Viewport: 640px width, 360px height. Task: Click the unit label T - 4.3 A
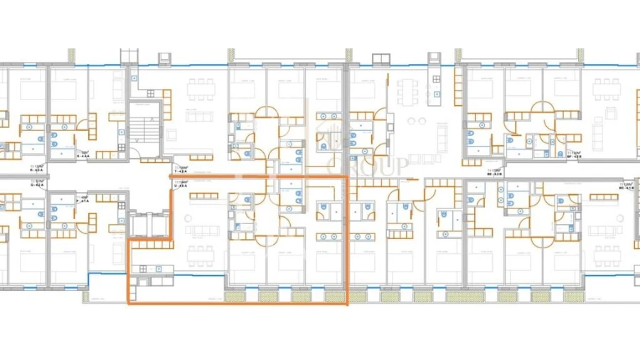[x=181, y=171]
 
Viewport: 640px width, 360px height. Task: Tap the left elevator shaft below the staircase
[x=139, y=225]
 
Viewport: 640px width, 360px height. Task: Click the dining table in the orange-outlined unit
[x=201, y=253]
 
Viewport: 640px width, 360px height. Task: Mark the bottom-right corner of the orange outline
[x=346, y=305]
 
